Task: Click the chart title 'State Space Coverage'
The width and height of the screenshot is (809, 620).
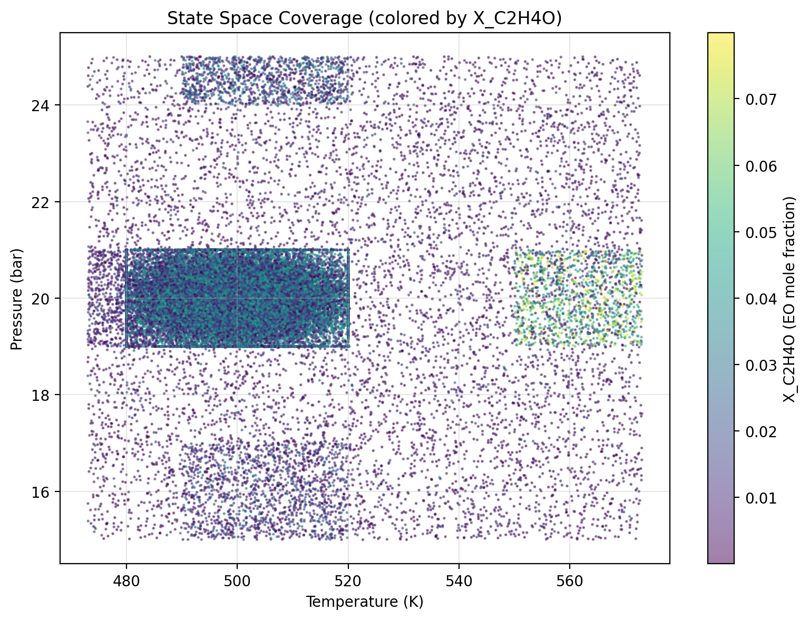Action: coord(364,18)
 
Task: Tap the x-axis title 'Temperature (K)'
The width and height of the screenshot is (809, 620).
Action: coord(365,601)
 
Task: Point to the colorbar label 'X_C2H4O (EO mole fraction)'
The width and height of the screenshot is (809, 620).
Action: coord(789,299)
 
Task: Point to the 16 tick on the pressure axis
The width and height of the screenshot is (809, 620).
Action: coord(45,491)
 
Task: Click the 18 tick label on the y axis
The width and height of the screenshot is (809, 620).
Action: coord(45,395)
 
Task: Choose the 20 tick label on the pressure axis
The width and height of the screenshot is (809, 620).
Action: coord(45,299)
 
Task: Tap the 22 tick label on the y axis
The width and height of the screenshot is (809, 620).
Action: coord(45,202)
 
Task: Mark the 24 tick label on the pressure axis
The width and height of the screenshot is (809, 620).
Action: coord(45,105)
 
